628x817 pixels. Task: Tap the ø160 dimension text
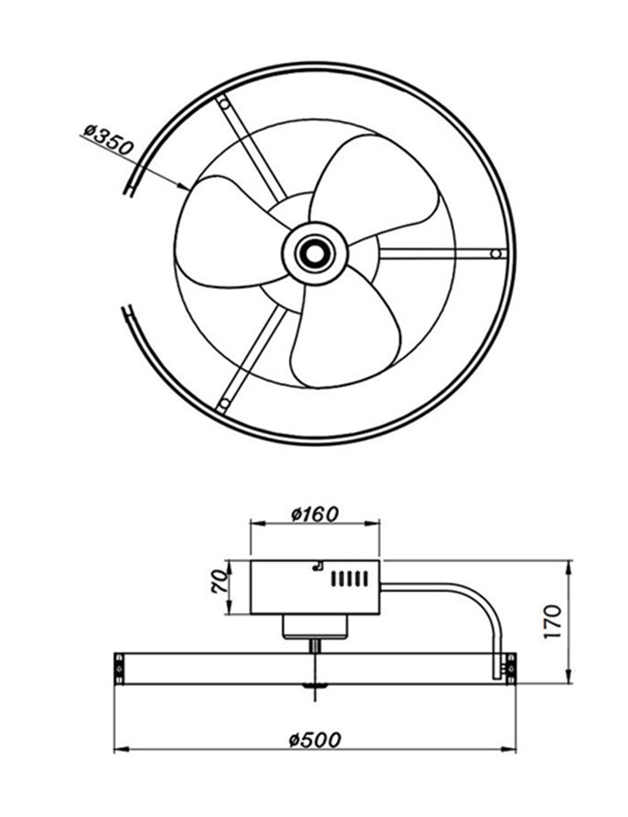pyautogui.click(x=315, y=514)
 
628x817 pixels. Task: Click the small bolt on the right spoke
pyautogui.click(x=496, y=253)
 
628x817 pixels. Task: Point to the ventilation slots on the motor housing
pyautogui.click(x=350, y=579)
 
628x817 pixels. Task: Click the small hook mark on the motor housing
pyautogui.click(x=319, y=564)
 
